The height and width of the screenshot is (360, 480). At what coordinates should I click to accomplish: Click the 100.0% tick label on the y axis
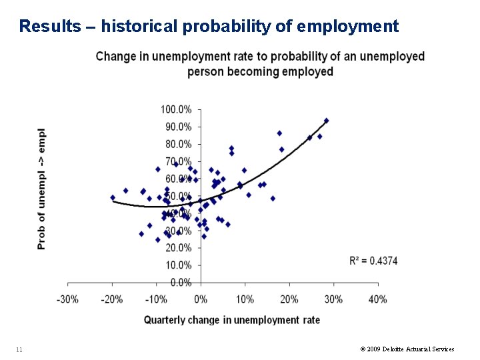click(176, 109)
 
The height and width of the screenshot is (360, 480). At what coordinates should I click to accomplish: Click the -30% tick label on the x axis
click(67, 299)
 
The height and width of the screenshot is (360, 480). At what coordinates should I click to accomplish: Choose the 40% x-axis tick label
click(377, 299)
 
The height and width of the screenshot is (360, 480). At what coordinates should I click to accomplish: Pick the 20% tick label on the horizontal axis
click(289, 299)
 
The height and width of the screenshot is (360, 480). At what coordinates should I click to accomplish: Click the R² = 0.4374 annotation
click(373, 261)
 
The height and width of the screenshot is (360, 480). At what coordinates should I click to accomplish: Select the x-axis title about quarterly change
click(231, 320)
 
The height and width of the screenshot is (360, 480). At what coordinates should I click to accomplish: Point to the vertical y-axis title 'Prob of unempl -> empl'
click(42, 189)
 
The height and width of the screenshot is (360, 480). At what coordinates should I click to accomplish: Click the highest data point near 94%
click(326, 121)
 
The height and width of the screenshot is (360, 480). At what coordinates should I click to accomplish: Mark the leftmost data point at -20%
click(113, 197)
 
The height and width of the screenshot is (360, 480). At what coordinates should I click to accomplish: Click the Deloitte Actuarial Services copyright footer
click(407, 349)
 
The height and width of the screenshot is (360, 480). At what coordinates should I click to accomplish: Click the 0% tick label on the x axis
click(201, 299)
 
